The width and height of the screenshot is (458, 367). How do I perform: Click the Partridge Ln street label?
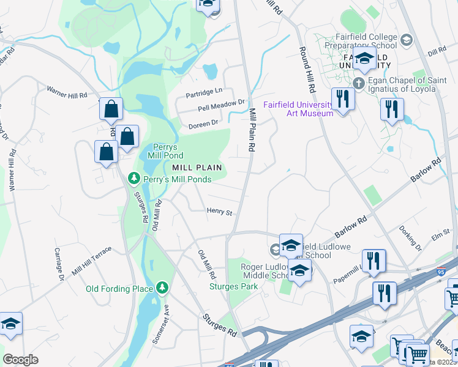click(x=205, y=92)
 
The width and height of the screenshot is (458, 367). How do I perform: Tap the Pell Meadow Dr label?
click(x=221, y=106)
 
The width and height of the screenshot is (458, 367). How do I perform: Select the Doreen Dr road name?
click(x=204, y=123)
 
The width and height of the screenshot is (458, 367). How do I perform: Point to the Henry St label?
click(x=220, y=212)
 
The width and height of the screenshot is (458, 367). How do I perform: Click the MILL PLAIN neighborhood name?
click(x=196, y=167)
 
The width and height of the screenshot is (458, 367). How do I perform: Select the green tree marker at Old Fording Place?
click(x=162, y=287)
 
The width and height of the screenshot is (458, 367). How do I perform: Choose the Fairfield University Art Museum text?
click(x=298, y=108)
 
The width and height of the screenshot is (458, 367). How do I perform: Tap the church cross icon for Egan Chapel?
click(x=359, y=83)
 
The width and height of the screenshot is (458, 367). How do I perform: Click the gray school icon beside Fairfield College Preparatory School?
click(x=405, y=41)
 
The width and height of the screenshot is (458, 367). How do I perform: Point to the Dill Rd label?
click(x=437, y=52)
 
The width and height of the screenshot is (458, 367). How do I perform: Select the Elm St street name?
click(x=440, y=235)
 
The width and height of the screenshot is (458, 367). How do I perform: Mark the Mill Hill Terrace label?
click(x=92, y=259)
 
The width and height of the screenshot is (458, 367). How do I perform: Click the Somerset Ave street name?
click(x=164, y=327)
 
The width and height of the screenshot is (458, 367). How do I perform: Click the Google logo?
click(x=20, y=360)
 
